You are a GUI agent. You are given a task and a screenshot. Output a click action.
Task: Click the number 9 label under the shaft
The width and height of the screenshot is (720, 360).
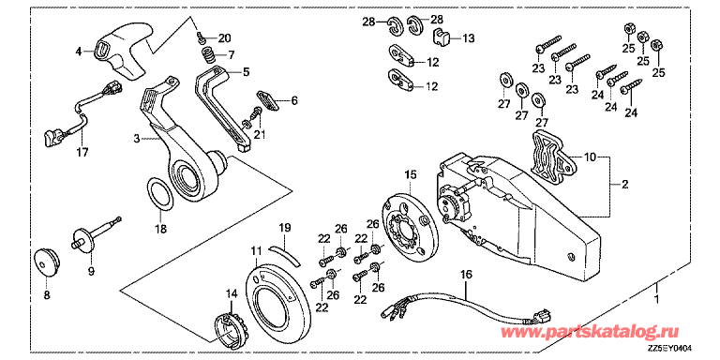click(91, 273)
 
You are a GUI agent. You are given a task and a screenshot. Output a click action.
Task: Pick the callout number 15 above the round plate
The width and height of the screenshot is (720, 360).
click(409, 175)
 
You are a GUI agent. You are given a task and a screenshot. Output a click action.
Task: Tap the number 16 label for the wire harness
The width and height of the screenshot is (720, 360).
click(465, 274)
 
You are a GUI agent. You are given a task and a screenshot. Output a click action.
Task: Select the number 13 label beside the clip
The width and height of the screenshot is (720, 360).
click(468, 38)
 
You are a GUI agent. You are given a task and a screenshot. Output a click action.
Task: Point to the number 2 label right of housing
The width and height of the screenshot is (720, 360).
click(624, 185)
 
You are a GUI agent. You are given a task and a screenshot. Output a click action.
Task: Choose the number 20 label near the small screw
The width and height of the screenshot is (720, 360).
click(224, 37)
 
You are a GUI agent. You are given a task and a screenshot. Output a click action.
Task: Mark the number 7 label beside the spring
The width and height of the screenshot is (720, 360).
click(232, 54)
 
